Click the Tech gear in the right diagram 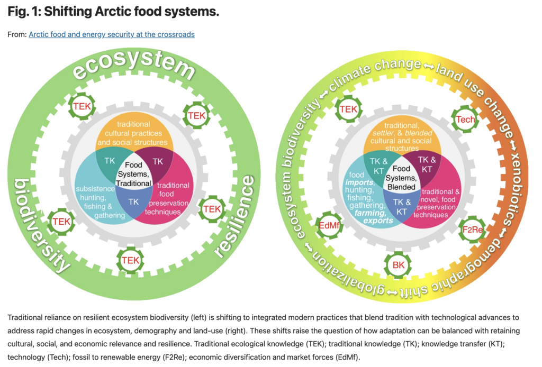click(465, 120)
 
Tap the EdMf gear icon click(329, 225)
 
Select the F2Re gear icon click(473, 230)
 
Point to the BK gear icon click(398, 265)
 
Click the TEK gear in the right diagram click(348, 109)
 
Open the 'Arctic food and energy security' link click(112, 34)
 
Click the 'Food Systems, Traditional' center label click(133, 174)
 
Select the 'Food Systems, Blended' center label click(401, 178)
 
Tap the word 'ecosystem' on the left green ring click(134, 65)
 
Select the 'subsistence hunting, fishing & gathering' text click(96, 202)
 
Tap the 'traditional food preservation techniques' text click(167, 198)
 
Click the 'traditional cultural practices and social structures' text click(133, 133)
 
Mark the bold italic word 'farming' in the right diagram click(370, 213)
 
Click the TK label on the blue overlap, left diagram click(133, 202)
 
